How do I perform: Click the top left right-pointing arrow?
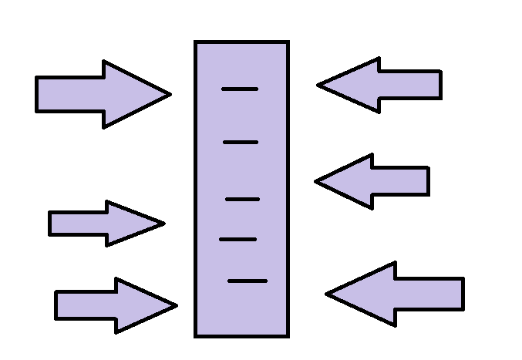pos(100,94)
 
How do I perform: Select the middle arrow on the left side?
pos(104,224)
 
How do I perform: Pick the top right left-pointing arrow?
pos(382,85)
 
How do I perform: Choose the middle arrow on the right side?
pos(374,181)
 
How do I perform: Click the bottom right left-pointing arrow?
pos(397,294)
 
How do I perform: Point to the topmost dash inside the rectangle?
pos(240,89)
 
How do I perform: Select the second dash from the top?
pos(241,143)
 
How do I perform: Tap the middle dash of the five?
pos(242,199)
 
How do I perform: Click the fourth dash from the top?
pos(237,240)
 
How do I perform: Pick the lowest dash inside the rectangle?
pos(248,281)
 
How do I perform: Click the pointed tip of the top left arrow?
pos(170,94)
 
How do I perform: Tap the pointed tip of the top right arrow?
pos(318,85)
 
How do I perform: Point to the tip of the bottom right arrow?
pos(327,294)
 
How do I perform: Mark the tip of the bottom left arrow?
pos(176,305)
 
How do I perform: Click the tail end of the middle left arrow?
pos(51,224)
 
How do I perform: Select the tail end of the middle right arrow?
pos(427,181)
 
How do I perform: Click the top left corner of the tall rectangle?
pos(196,42)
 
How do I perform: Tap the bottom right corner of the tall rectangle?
pos(288,335)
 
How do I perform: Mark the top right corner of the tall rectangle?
pos(288,42)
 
